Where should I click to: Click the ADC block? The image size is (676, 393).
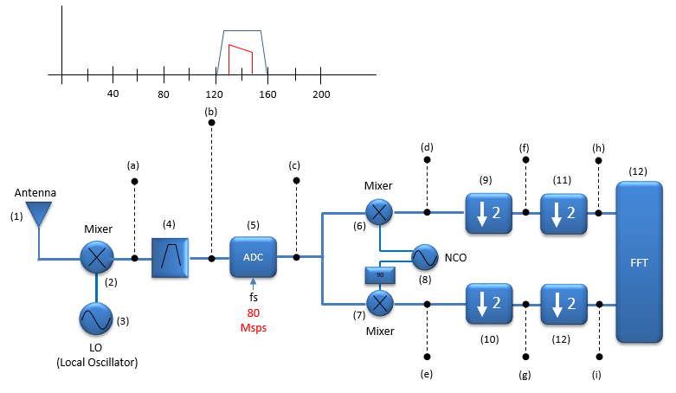point(253,257)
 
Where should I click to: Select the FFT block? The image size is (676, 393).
point(639,262)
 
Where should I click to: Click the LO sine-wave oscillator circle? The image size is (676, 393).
point(96,319)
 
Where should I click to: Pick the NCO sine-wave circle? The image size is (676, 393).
point(425,257)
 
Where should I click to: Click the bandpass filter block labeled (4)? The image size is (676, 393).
point(170,258)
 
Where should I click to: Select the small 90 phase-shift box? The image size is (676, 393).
point(380,275)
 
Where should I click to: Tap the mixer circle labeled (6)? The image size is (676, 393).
point(379,212)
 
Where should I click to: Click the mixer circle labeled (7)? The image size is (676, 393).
point(380,303)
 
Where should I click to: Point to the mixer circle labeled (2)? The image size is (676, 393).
point(97,258)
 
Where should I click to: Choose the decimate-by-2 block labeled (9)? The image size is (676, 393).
point(489,213)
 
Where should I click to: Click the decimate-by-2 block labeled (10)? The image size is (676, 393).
point(489,304)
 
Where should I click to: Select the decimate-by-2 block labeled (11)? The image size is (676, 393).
point(563,214)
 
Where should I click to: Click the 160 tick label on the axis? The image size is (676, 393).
point(267,94)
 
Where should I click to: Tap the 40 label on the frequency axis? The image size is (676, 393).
point(113,93)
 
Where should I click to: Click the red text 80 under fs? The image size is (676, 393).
point(254,313)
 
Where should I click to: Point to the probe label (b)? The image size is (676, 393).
point(211,113)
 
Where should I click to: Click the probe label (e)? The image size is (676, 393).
point(427,374)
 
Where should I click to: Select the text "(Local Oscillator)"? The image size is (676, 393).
point(97,363)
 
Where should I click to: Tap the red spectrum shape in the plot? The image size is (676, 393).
point(241,59)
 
